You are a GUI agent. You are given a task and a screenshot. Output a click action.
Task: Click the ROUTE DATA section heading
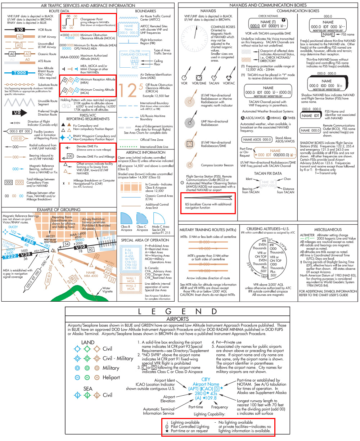pos(59,11)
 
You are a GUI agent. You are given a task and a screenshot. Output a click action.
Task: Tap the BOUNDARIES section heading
pos(145,11)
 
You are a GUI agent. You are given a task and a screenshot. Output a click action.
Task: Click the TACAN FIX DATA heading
pos(267,173)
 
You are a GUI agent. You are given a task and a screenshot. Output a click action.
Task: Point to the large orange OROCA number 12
pos(127,89)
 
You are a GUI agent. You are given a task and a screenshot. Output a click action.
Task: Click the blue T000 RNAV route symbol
pos(20,73)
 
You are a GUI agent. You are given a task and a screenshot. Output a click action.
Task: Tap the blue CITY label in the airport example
pos(206,379)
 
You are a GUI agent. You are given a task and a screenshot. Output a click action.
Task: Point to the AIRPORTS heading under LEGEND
pos(178,319)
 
